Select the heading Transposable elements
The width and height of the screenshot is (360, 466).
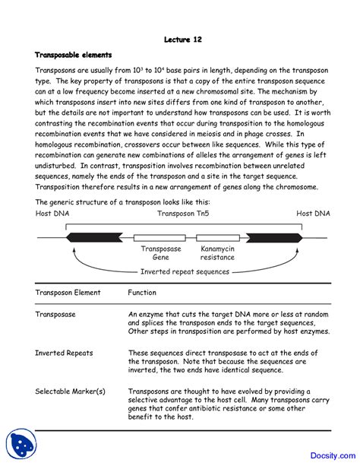click(x=74, y=55)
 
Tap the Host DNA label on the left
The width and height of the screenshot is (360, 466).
click(x=54, y=214)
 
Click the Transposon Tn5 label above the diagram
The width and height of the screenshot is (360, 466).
click(x=180, y=214)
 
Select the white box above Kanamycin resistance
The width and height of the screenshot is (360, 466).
click(x=216, y=236)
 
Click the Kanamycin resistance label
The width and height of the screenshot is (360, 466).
click(x=217, y=253)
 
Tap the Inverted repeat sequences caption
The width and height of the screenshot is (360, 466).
click(x=185, y=271)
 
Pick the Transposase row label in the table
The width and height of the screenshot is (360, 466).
click(x=57, y=312)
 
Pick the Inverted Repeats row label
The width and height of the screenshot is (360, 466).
click(x=64, y=353)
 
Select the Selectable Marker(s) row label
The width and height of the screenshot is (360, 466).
click(x=70, y=392)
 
